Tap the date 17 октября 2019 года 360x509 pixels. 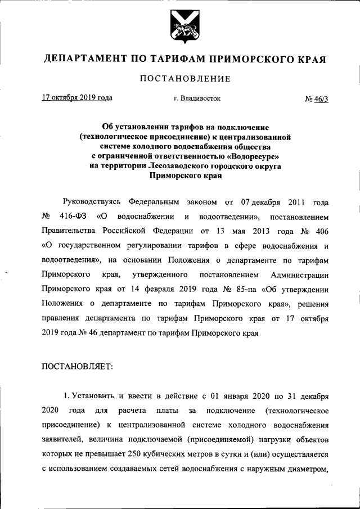[77, 97]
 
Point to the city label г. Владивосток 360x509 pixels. [197, 98]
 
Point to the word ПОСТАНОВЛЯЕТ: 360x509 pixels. [77, 366]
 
